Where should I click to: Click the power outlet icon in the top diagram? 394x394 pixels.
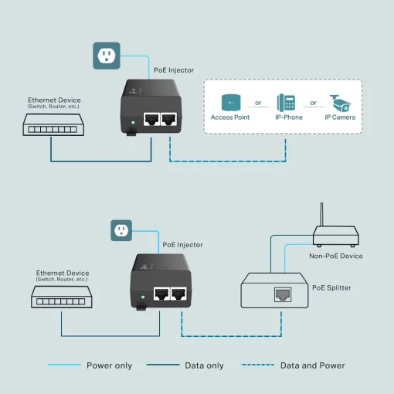[x=107, y=56]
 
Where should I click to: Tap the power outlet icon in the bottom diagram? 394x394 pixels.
[x=121, y=229]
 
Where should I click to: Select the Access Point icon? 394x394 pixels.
[x=229, y=102]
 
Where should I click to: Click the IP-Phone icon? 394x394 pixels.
[x=286, y=102]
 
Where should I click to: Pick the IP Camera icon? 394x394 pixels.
[x=340, y=102]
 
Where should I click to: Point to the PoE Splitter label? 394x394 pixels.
[x=331, y=288]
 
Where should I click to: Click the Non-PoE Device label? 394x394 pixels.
[x=336, y=256]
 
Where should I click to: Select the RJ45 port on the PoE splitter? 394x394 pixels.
[x=281, y=294]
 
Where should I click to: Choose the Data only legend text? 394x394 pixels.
[x=204, y=365]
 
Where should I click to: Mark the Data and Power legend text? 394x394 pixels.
[x=312, y=365]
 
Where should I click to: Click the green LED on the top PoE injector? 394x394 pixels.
[x=134, y=122]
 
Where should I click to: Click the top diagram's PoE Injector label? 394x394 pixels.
[x=175, y=70]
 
